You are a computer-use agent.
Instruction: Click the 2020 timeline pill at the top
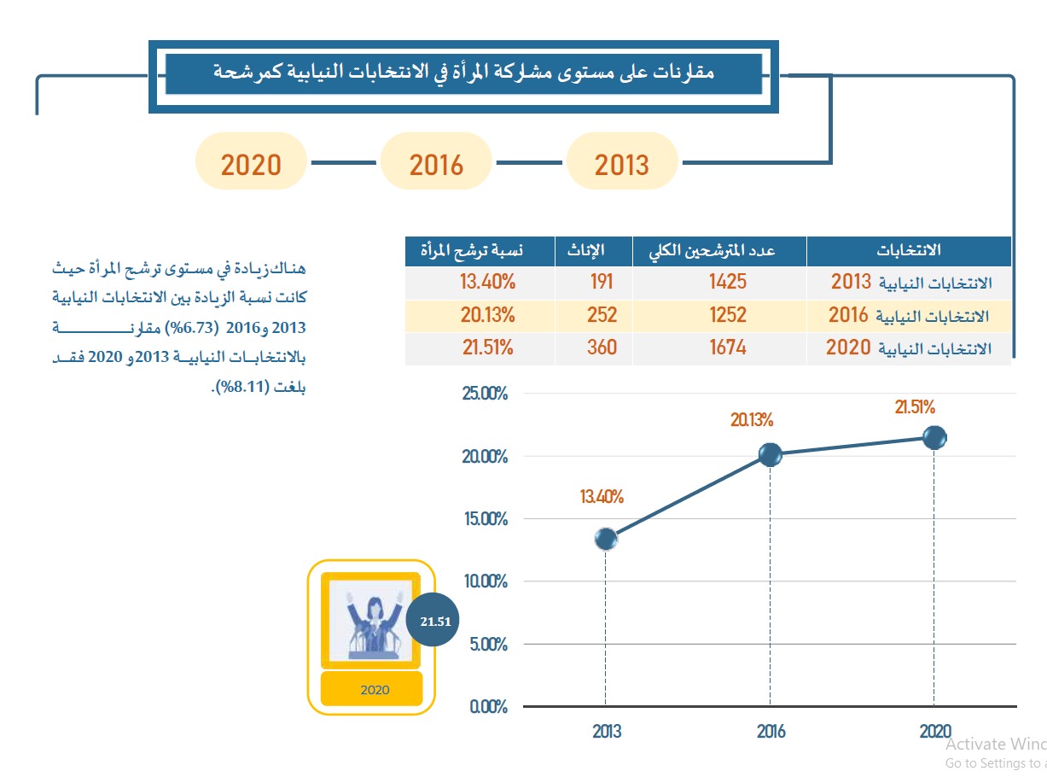(x=251, y=161)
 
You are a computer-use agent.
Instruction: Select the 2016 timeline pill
(x=436, y=161)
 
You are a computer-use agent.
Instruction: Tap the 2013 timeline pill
(x=622, y=161)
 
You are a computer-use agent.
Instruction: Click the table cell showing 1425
(x=728, y=282)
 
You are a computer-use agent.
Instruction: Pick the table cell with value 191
(x=602, y=282)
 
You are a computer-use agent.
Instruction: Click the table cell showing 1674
(x=728, y=348)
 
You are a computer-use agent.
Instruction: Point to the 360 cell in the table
(x=602, y=348)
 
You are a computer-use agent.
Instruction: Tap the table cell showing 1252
(x=728, y=315)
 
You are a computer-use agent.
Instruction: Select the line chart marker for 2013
(x=606, y=539)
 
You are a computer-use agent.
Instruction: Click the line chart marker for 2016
(x=771, y=455)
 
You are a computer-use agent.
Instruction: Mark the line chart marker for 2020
(x=934, y=438)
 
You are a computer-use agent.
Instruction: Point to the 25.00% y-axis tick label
(x=483, y=394)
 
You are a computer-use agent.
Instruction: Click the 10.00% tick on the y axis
(x=483, y=581)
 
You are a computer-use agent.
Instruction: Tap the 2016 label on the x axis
(x=771, y=732)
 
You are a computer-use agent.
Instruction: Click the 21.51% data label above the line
(x=915, y=407)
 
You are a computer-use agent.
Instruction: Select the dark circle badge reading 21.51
(x=433, y=621)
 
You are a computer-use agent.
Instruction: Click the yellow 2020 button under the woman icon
(x=372, y=689)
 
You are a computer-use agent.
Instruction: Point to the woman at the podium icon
(x=372, y=621)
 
